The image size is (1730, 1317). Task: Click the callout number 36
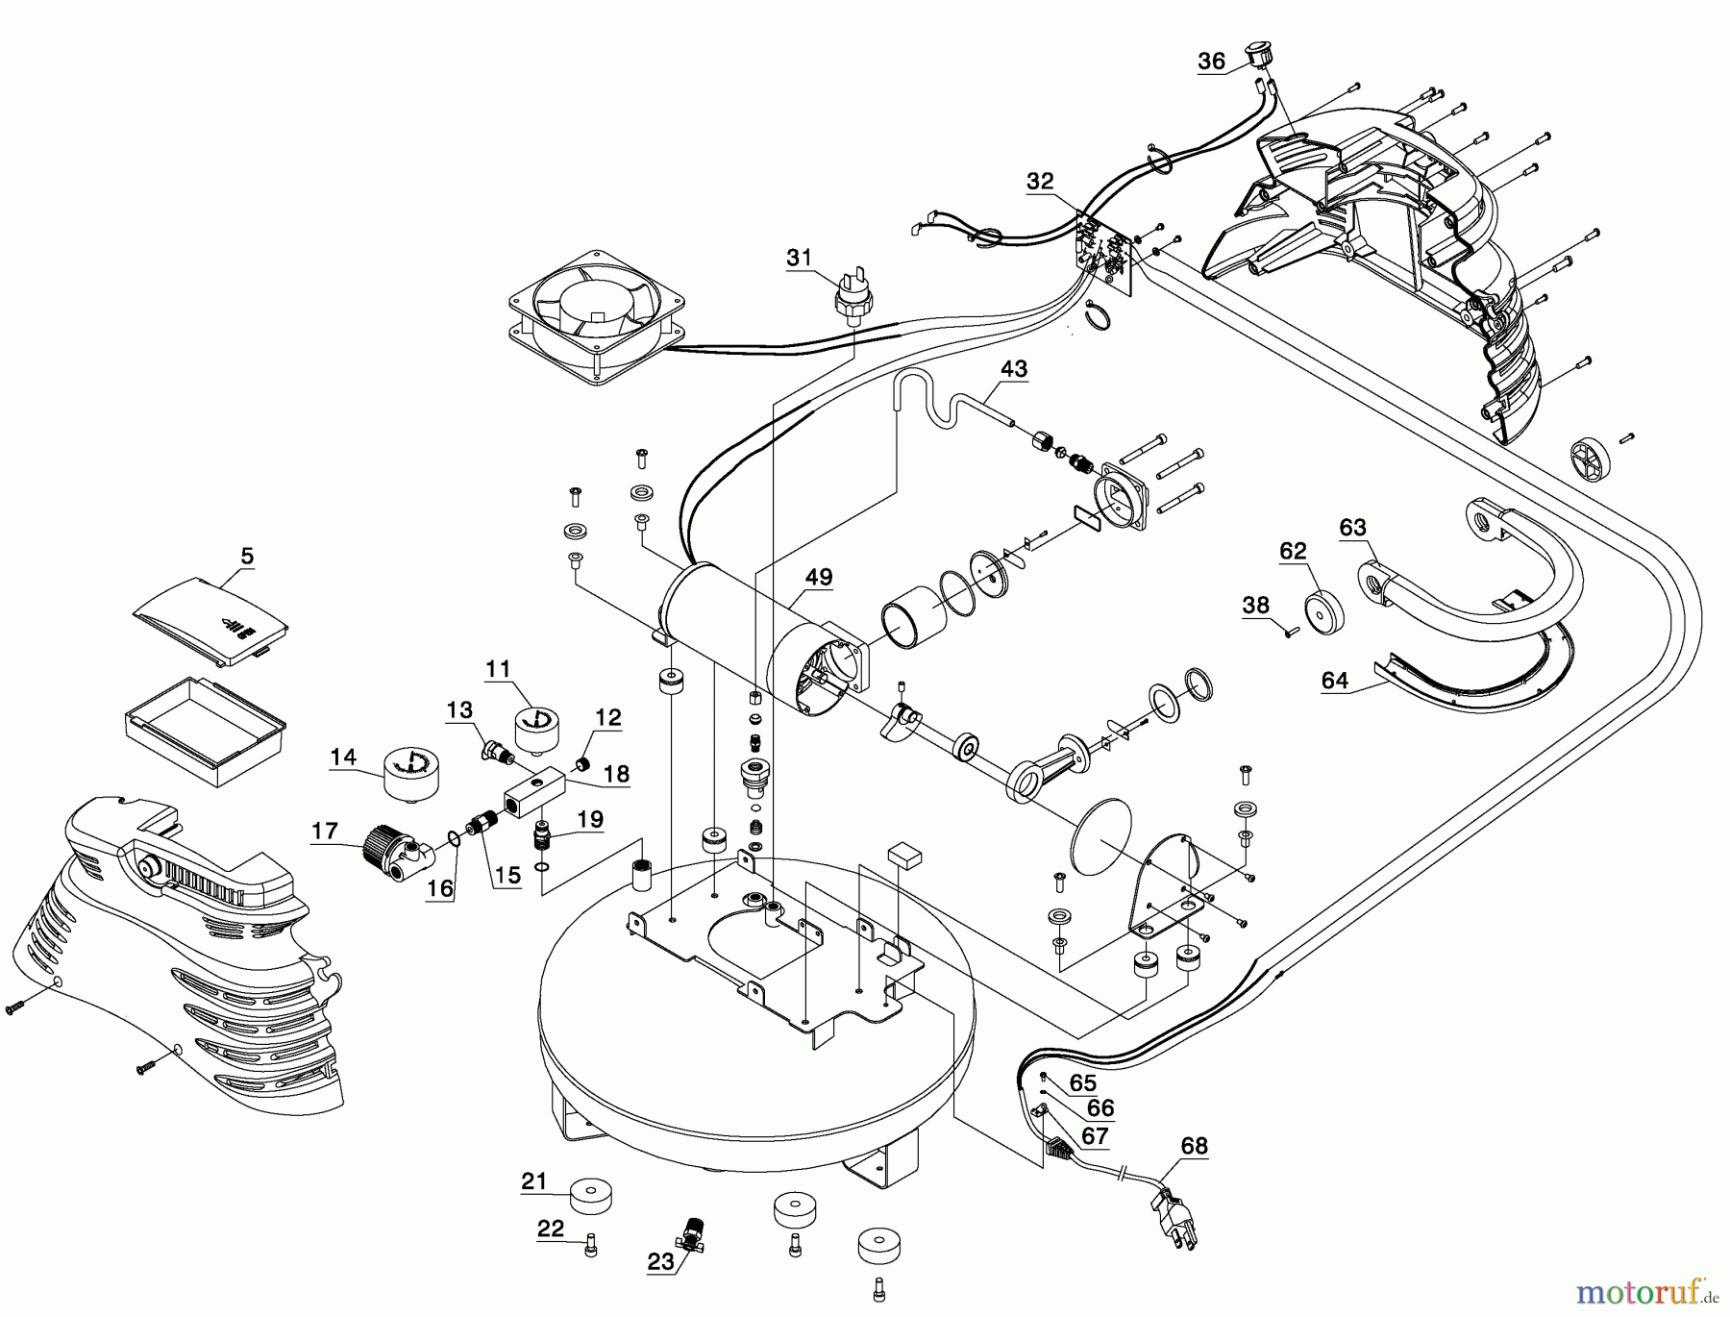[x=1211, y=62]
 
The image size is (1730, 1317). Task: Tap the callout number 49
[x=819, y=578]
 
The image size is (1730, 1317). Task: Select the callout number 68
[x=1195, y=1146]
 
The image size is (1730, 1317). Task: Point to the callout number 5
[x=247, y=556]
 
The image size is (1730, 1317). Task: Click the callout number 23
[x=661, y=1262]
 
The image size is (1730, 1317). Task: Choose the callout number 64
[x=1335, y=681]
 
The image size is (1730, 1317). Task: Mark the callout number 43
[x=1014, y=368]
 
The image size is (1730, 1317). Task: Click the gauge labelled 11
[x=538, y=730]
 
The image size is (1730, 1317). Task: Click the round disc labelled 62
[x=1323, y=611]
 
